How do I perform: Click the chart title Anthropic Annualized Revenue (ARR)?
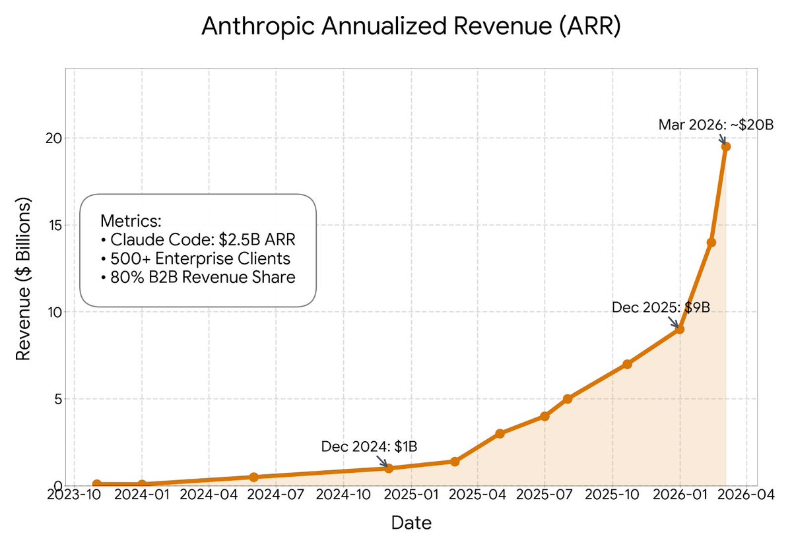click(x=411, y=27)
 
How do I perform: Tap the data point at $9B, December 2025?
click(x=680, y=329)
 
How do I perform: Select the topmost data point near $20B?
click(x=725, y=146)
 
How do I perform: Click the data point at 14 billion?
click(x=711, y=243)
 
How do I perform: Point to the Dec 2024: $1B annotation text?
click(x=369, y=446)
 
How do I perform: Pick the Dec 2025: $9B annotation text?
click(x=661, y=307)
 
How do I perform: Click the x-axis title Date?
click(x=411, y=524)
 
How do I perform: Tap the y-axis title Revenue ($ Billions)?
click(x=24, y=278)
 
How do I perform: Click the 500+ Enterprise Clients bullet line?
click(x=196, y=259)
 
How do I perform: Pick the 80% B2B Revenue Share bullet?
click(x=199, y=278)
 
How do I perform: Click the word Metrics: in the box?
click(x=131, y=220)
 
